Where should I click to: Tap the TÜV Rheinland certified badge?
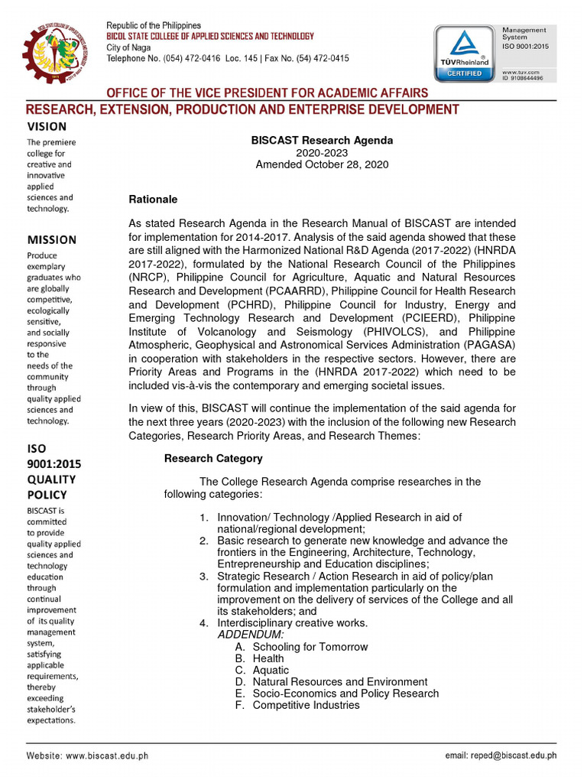(465, 53)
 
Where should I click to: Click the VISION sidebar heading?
(47, 127)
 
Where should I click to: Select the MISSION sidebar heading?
(52, 240)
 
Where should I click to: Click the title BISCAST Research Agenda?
(322, 141)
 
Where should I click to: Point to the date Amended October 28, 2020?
(322, 164)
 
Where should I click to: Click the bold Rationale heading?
(153, 200)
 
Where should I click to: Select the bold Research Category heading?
(213, 459)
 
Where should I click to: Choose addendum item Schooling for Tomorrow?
(310, 647)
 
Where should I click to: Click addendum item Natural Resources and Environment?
(339, 681)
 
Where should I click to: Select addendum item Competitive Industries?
(306, 705)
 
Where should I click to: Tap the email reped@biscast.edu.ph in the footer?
(501, 755)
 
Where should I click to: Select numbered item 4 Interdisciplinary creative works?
(292, 623)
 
